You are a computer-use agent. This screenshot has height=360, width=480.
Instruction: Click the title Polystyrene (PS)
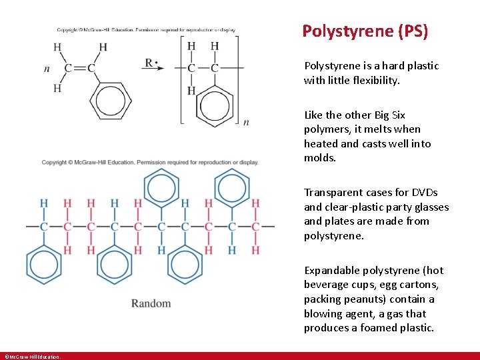click(x=365, y=31)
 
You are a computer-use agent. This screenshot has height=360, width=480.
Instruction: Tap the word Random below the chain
click(x=151, y=304)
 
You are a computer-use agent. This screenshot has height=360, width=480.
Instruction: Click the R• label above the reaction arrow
click(x=153, y=64)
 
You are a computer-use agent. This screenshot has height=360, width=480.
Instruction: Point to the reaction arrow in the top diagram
click(x=154, y=69)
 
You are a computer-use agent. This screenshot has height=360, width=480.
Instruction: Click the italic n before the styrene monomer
click(x=47, y=69)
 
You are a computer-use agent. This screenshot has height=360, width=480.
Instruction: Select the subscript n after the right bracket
click(x=246, y=122)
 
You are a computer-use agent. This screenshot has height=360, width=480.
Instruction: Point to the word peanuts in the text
click(x=365, y=299)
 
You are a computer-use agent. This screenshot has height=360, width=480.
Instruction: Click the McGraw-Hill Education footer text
click(x=32, y=357)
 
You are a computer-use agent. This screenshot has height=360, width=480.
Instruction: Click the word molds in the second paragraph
click(x=320, y=158)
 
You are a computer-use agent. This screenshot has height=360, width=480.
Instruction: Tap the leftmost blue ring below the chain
click(x=44, y=265)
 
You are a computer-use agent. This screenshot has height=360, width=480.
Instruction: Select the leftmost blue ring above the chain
click(x=161, y=187)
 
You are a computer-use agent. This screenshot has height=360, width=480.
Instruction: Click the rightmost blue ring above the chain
click(x=232, y=187)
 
